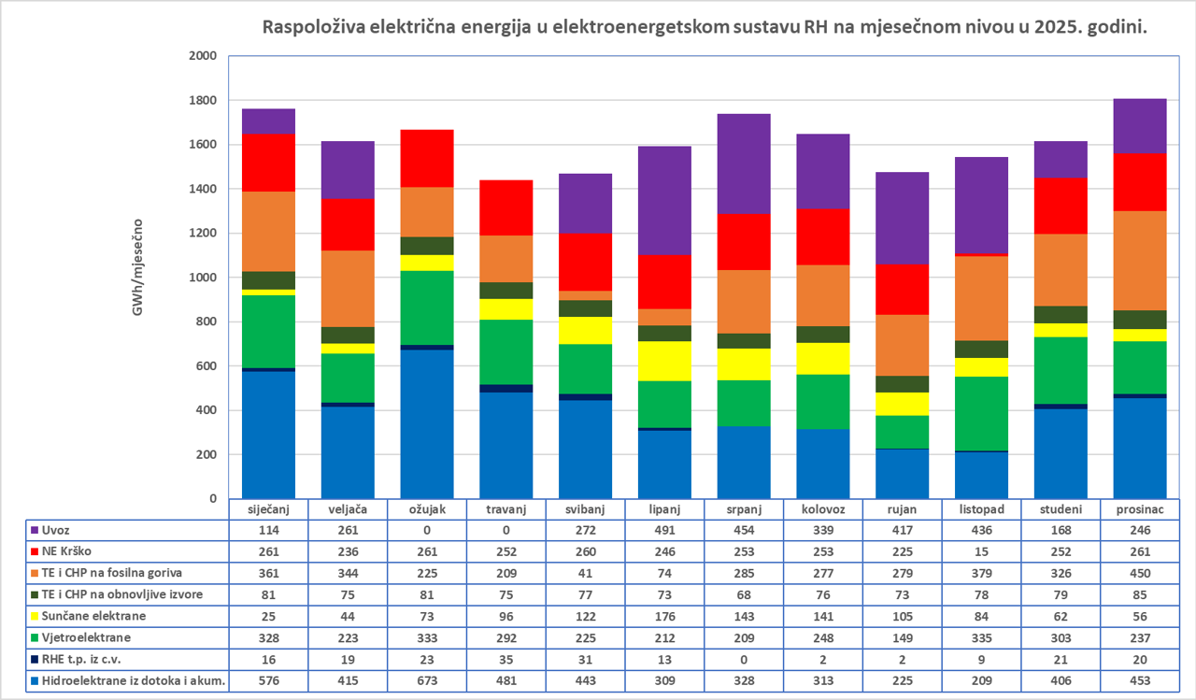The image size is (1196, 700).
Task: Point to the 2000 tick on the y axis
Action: tap(203, 56)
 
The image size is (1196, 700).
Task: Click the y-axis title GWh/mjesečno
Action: tap(137, 267)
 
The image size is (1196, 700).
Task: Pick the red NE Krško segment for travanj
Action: tap(505, 207)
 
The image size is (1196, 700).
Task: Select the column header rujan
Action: tap(902, 508)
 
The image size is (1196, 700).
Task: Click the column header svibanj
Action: tap(584, 508)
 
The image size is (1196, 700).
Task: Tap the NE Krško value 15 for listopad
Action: tap(981, 550)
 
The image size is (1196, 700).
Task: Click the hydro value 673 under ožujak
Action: tap(426, 680)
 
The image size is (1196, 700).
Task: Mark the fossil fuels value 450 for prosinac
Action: tap(1139, 571)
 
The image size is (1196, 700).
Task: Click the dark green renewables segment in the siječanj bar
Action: tap(267, 280)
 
